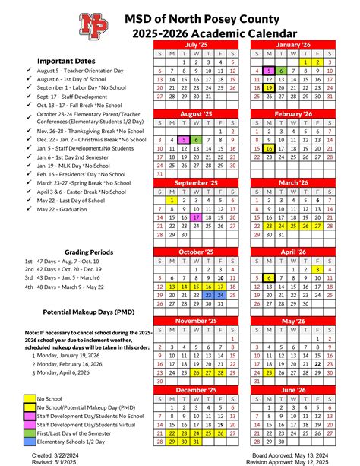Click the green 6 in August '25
(x=197, y=140)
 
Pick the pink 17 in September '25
(x=197, y=217)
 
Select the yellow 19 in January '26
(x=270, y=88)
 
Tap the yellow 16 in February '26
(x=270, y=149)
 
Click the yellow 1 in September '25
(x=172, y=199)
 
